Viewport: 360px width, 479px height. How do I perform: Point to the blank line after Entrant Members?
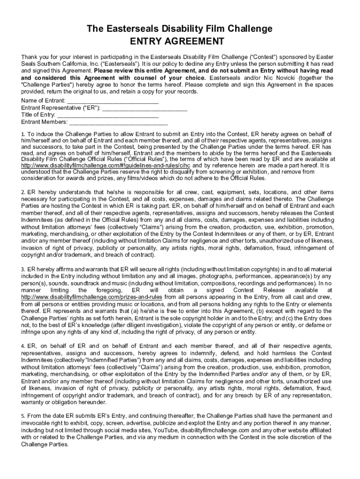point(118,123)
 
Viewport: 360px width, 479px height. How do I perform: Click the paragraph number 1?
point(23,134)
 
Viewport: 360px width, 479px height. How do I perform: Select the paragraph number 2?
point(23,192)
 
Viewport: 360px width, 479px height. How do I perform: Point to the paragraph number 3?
point(23,270)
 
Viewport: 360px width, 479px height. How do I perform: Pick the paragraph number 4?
point(23,346)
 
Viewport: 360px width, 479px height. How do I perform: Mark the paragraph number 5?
point(23,416)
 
